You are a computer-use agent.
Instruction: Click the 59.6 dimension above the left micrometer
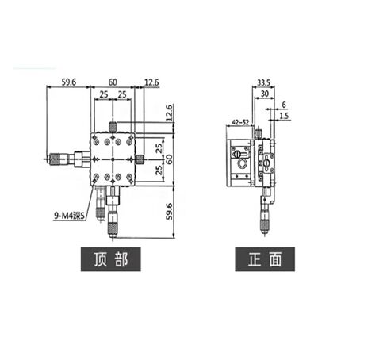[69, 82]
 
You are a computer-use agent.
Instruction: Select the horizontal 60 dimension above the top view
[113, 82]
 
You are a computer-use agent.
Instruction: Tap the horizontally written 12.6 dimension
[151, 82]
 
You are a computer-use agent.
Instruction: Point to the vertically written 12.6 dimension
[170, 113]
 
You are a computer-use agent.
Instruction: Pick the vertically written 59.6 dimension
[169, 211]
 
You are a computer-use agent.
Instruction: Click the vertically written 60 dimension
[169, 159]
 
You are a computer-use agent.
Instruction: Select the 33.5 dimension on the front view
[264, 82]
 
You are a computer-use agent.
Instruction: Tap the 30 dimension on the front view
[265, 94]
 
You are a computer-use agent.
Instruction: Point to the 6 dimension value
[284, 105]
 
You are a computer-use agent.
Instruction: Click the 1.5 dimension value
[284, 116]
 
